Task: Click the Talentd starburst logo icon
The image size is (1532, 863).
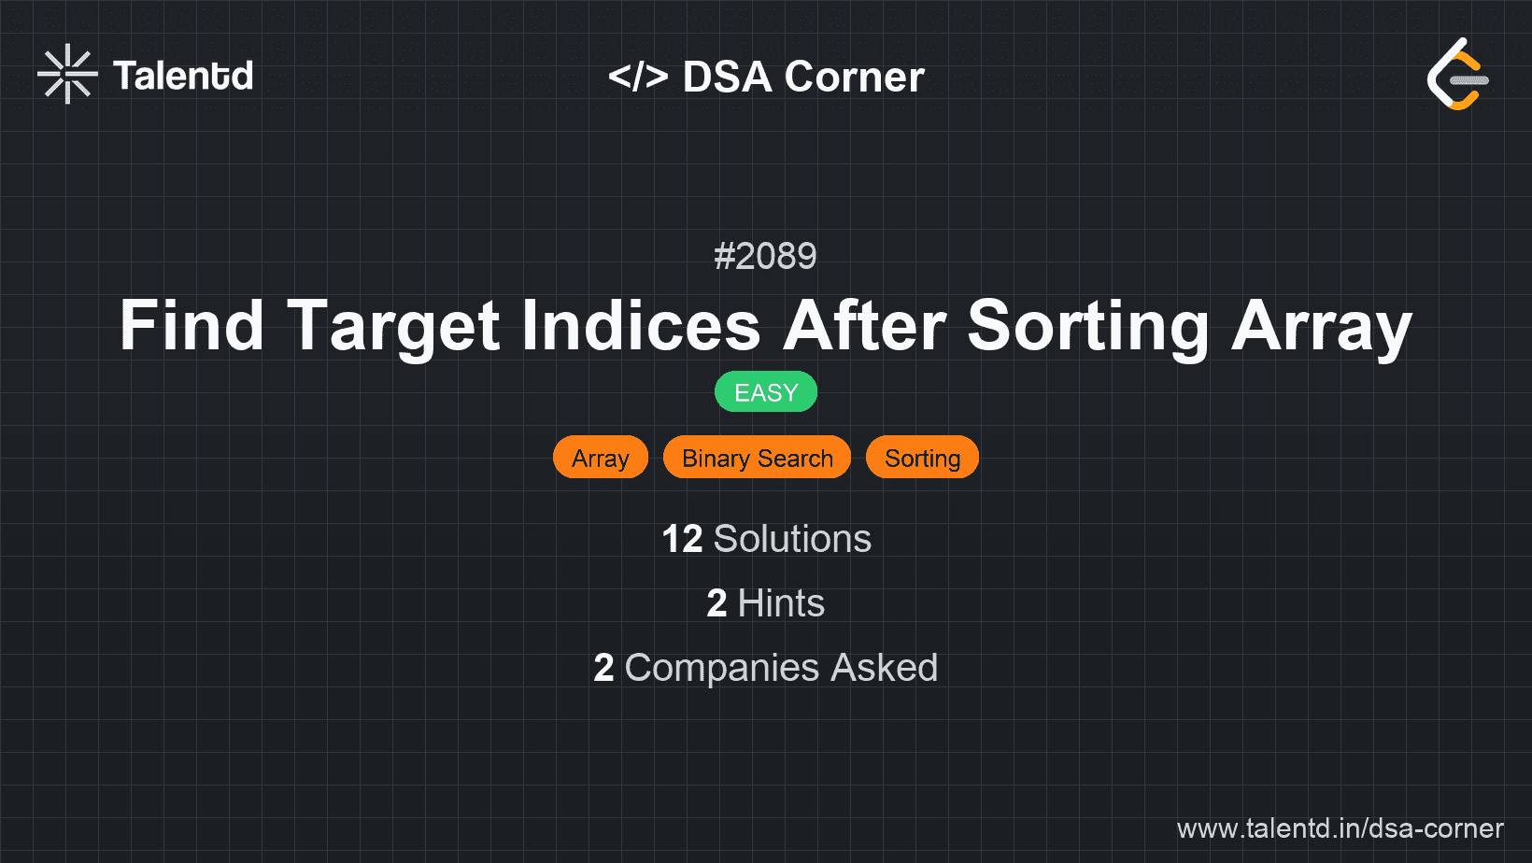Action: (x=67, y=74)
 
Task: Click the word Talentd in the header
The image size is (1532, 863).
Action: (x=183, y=76)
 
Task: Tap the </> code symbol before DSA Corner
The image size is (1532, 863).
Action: (x=638, y=77)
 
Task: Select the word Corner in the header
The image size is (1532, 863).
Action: (x=855, y=77)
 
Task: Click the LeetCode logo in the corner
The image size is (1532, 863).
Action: (x=1457, y=74)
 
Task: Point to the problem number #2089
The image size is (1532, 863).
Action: (x=765, y=256)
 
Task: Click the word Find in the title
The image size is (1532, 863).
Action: (x=191, y=326)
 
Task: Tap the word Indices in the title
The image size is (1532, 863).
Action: (x=641, y=326)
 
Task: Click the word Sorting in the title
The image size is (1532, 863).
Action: (x=1088, y=326)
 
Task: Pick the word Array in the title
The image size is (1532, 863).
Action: (x=1321, y=326)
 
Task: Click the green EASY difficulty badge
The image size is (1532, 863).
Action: (x=766, y=392)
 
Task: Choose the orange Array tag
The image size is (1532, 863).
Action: (x=601, y=458)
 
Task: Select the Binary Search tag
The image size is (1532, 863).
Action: (x=757, y=458)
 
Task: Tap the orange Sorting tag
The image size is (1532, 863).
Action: (x=922, y=458)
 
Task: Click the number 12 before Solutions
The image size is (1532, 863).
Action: (x=682, y=539)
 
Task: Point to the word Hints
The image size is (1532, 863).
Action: (x=781, y=603)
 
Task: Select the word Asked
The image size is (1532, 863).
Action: (x=884, y=668)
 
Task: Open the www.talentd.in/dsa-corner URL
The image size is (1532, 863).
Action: (x=1340, y=828)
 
